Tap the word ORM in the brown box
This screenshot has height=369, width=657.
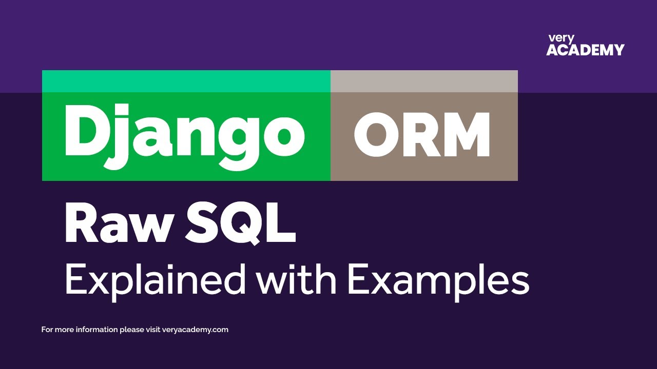click(422, 134)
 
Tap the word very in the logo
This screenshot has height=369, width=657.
click(561, 38)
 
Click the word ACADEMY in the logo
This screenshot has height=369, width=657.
click(585, 50)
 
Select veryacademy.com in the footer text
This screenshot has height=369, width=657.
click(195, 330)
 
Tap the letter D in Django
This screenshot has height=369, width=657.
click(84, 130)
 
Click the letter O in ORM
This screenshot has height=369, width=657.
click(374, 134)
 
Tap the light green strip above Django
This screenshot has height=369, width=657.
click(186, 81)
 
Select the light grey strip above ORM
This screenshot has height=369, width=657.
click(424, 81)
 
